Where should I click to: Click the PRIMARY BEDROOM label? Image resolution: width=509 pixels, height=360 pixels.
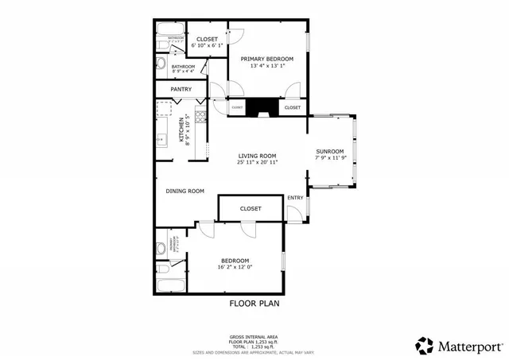[x=267, y=59]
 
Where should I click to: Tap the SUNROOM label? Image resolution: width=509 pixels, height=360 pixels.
[x=330, y=151]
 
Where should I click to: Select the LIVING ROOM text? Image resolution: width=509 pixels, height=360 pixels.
[x=257, y=155]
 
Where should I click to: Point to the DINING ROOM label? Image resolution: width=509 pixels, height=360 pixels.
[x=185, y=191]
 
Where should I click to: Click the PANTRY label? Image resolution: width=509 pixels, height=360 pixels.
[x=181, y=89]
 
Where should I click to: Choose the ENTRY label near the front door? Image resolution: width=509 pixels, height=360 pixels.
[x=295, y=197]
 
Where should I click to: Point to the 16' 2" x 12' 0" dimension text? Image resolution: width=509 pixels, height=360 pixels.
[x=235, y=267]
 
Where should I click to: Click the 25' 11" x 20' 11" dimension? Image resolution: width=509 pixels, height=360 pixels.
[x=257, y=162]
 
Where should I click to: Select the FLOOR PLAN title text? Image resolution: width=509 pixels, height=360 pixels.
[x=254, y=303]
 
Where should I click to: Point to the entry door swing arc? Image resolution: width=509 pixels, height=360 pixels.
[x=293, y=211]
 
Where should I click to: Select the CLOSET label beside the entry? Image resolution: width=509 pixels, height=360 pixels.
[x=251, y=209]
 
